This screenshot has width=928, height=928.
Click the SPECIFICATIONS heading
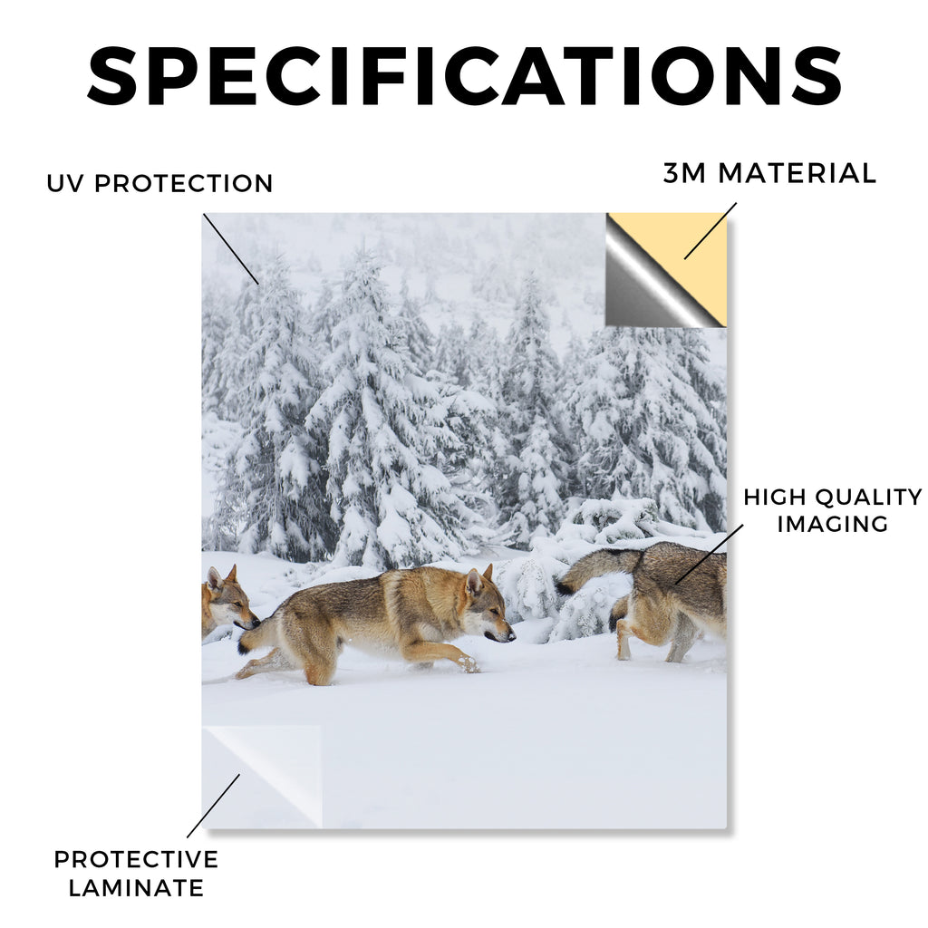point(465,76)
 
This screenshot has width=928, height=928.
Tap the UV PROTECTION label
point(159,183)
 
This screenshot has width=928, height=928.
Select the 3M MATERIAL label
point(769,173)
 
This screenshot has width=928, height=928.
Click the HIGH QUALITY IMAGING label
point(833,510)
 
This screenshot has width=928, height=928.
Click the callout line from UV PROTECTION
point(231,248)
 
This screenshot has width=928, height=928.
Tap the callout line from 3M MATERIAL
point(710,231)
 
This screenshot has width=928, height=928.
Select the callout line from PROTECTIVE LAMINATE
point(214,806)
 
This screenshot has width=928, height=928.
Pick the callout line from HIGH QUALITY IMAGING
point(709,554)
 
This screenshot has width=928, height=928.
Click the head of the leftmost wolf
point(227,598)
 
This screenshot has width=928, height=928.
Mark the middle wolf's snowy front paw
point(469,663)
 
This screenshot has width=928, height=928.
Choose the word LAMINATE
point(136,888)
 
